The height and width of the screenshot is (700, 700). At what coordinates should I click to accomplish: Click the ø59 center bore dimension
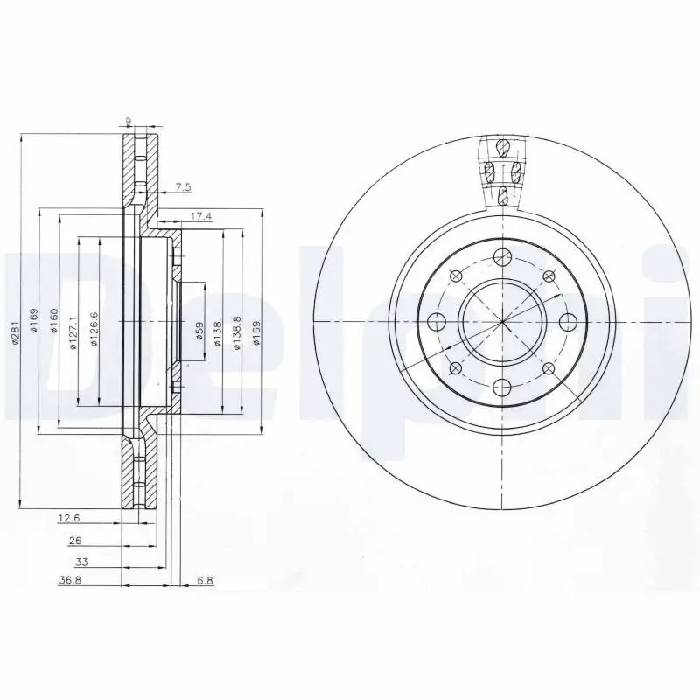199,331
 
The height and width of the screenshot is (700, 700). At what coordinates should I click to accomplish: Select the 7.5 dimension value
182,187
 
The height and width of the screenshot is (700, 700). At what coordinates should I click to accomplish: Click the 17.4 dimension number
200,215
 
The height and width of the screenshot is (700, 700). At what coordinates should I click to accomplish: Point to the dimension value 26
76,541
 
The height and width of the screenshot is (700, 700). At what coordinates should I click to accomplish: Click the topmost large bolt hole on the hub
501,256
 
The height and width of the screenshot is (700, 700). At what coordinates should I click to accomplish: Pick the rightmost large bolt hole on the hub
567,321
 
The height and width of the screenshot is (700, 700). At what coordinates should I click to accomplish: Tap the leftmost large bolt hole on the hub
436,321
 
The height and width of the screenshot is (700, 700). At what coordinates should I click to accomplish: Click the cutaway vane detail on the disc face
502,171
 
